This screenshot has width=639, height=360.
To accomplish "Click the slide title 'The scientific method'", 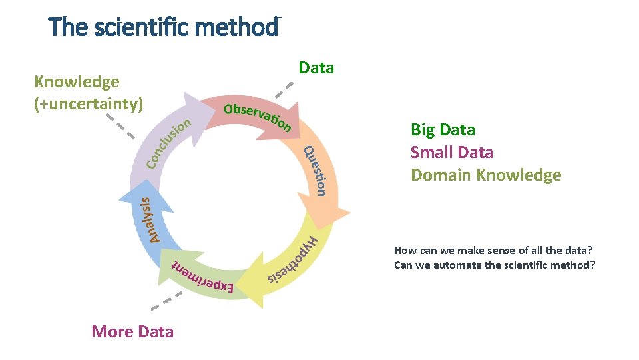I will tap(163, 27).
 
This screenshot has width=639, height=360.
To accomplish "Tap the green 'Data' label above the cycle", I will tap(316, 68).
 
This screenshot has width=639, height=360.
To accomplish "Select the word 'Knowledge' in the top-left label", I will tap(77, 82).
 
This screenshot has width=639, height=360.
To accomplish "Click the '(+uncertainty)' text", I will tap(89, 104).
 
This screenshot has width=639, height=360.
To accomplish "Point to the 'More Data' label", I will tap(132, 331).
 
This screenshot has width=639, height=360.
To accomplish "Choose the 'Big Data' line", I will tap(443, 129).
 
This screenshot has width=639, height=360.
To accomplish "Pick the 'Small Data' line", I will tap(452, 152).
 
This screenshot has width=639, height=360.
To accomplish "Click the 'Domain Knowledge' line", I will tap(486, 175).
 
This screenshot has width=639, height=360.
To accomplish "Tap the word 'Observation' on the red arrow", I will tap(257, 117).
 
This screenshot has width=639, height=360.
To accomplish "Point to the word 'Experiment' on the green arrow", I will tap(203, 276).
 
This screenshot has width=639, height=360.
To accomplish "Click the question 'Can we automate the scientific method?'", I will tap(495, 265).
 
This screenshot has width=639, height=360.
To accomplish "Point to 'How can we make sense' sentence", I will tap(493, 251).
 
